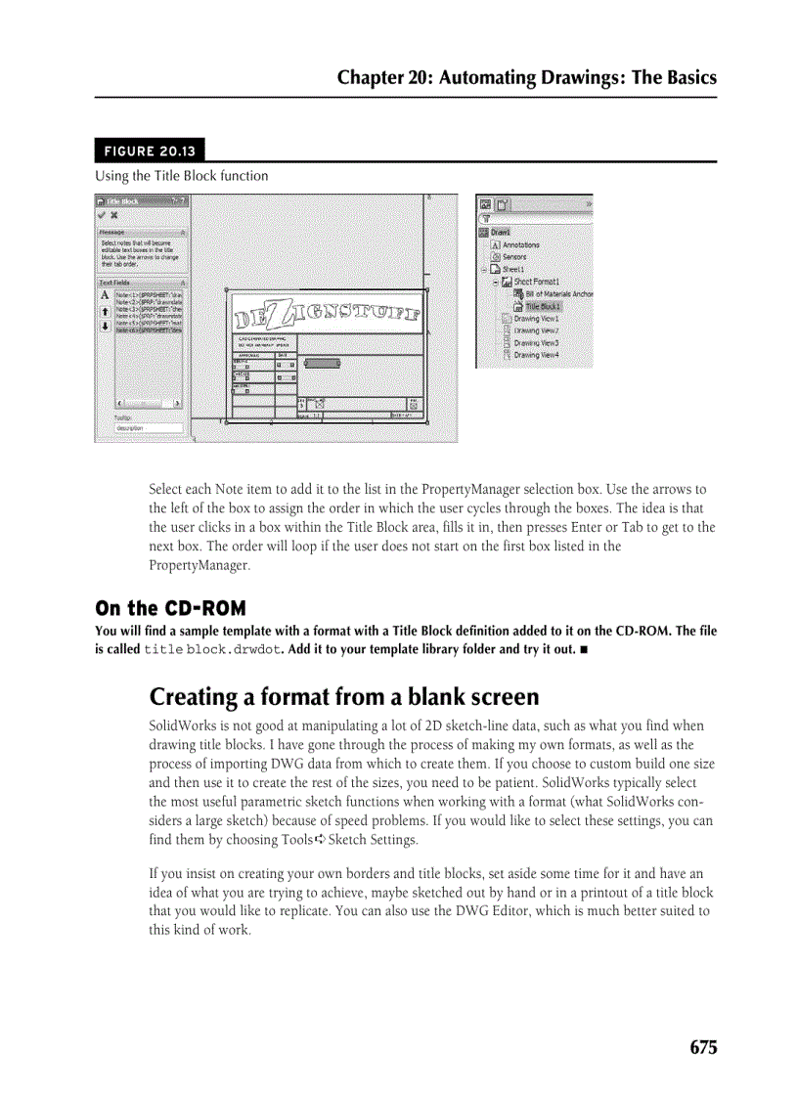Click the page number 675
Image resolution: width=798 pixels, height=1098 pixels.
pyautogui.click(x=702, y=1047)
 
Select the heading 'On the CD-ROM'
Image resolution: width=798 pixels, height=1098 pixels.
pyautogui.click(x=170, y=608)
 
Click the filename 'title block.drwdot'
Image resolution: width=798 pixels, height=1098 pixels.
pyautogui.click(x=211, y=649)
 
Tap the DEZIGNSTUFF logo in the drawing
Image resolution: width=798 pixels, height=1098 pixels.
pyautogui.click(x=328, y=314)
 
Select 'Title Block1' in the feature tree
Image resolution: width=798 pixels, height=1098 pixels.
pyautogui.click(x=545, y=306)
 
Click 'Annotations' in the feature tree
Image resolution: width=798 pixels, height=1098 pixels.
pyautogui.click(x=520, y=245)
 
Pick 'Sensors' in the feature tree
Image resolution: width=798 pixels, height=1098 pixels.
pyautogui.click(x=514, y=257)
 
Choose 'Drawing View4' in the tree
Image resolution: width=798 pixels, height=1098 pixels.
pyautogui.click(x=536, y=355)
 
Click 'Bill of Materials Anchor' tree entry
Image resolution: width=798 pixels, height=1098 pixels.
pyautogui.click(x=557, y=293)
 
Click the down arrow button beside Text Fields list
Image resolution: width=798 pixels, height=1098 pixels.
pyautogui.click(x=105, y=326)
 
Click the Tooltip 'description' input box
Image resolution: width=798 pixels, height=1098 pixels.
pyautogui.click(x=148, y=428)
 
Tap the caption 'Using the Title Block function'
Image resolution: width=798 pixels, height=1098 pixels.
pyautogui.click(x=181, y=176)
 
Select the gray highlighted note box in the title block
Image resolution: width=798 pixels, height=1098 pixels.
pyautogui.click(x=322, y=363)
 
